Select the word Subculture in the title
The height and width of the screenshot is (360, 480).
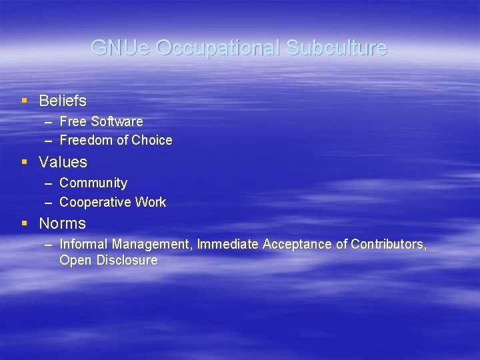click(x=337, y=48)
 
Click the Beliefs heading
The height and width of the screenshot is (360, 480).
click(x=63, y=101)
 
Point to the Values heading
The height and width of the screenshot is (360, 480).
click(x=63, y=162)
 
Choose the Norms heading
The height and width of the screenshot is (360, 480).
click(x=63, y=223)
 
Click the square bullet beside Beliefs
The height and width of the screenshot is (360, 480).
click(x=25, y=101)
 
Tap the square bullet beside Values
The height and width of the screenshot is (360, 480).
click(x=25, y=162)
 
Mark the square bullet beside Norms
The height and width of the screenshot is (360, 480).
click(x=25, y=223)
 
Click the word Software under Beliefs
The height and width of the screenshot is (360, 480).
click(x=117, y=121)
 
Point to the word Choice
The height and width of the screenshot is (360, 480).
click(x=152, y=140)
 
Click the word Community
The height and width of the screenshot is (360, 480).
click(x=93, y=183)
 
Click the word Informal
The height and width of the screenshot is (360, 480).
click(x=84, y=245)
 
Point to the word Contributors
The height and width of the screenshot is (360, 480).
click(x=389, y=245)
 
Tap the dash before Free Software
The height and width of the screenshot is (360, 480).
click(x=48, y=121)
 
